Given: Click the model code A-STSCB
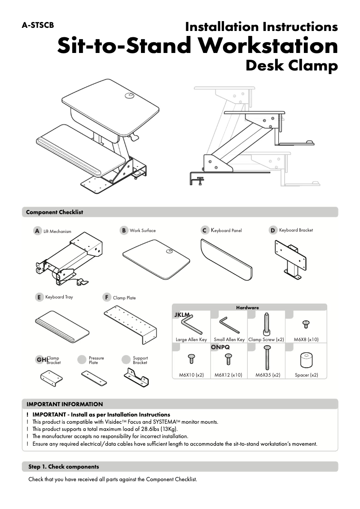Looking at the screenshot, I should point(38,26).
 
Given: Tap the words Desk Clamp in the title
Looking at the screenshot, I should point(291,66).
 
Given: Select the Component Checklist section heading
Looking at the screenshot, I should point(54,212).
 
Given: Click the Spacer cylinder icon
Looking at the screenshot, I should point(307,360).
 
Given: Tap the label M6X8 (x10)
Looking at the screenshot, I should point(306,340).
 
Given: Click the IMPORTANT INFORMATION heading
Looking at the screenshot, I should point(65,404).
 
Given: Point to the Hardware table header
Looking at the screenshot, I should point(248,307).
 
